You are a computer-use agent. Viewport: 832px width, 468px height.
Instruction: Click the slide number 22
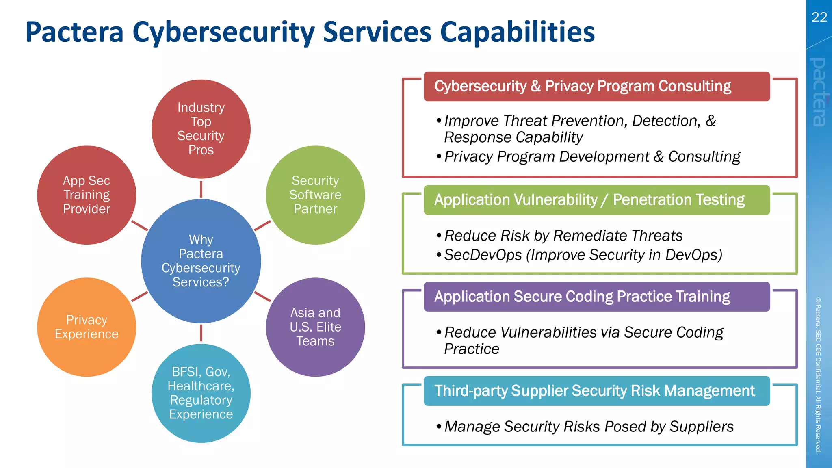click(x=819, y=17)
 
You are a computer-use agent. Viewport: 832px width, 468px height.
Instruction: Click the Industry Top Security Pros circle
click(x=201, y=129)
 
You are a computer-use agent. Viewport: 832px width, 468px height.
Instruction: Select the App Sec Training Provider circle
click(x=87, y=195)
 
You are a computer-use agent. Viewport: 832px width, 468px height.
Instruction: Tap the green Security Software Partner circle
click(x=315, y=195)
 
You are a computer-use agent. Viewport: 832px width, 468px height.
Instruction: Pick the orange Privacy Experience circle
click(x=87, y=327)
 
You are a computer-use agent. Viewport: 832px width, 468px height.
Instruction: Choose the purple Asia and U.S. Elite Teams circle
click(x=315, y=327)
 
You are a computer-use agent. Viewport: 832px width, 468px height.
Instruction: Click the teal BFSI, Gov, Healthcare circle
click(x=201, y=393)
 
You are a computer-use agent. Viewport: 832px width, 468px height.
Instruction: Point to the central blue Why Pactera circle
click(x=201, y=261)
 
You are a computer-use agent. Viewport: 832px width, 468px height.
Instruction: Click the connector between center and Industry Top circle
click(x=201, y=189)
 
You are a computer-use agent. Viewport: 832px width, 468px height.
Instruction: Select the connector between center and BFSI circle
click(x=201, y=333)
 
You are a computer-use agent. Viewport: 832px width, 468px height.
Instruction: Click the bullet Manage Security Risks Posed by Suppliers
click(x=589, y=427)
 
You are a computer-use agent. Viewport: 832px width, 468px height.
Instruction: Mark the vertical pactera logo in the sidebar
click(x=819, y=92)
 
